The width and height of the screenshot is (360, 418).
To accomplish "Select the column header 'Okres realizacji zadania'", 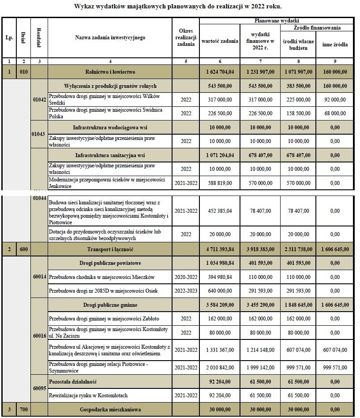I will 186,38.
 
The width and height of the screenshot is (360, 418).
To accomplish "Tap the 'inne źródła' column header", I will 334,45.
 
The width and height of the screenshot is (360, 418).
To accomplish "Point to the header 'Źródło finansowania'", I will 317,28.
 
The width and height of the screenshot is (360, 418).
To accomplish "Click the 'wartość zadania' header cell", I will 219,41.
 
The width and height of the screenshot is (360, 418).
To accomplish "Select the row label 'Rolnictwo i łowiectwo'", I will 110,72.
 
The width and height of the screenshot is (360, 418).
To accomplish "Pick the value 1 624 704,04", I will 220,72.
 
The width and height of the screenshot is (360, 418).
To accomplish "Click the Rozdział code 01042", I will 39,100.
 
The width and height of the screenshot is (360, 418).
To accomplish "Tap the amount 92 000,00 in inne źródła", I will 334,100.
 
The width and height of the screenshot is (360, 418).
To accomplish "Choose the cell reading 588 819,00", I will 220,183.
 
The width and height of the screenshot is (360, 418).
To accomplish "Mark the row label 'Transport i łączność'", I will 110,249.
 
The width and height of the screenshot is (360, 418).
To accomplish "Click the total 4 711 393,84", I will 220,249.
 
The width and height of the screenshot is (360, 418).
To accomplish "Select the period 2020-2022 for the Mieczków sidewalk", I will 186,277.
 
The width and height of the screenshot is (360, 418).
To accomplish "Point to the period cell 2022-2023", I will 186,291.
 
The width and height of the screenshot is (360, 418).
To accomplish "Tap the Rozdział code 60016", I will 39,336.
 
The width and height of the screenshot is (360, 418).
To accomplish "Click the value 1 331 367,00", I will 220,350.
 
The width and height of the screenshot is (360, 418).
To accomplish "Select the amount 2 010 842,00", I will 220,367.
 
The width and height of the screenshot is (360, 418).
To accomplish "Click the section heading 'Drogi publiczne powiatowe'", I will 110,263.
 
